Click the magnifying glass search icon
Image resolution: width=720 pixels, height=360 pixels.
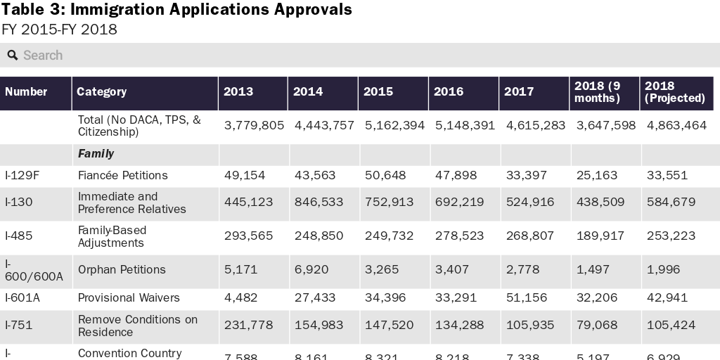click(13, 56)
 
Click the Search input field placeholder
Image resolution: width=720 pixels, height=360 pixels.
click(43, 56)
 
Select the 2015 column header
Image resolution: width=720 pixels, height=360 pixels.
click(378, 91)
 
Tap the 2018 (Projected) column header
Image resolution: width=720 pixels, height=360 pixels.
click(674, 92)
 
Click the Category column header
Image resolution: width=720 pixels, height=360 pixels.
click(102, 91)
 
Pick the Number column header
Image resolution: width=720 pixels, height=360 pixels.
click(26, 91)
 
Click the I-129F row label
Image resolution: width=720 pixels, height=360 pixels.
click(22, 175)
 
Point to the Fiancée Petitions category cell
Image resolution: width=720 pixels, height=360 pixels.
click(122, 175)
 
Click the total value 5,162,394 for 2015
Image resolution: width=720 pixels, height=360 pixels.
click(394, 125)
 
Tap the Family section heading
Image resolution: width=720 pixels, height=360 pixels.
click(96, 153)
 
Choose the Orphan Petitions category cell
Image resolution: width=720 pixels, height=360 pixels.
click(122, 269)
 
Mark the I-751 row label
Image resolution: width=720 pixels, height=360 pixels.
click(19, 325)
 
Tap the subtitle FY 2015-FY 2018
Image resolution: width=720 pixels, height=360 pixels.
click(59, 30)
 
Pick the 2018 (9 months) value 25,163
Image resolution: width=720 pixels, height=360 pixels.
click(596, 175)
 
